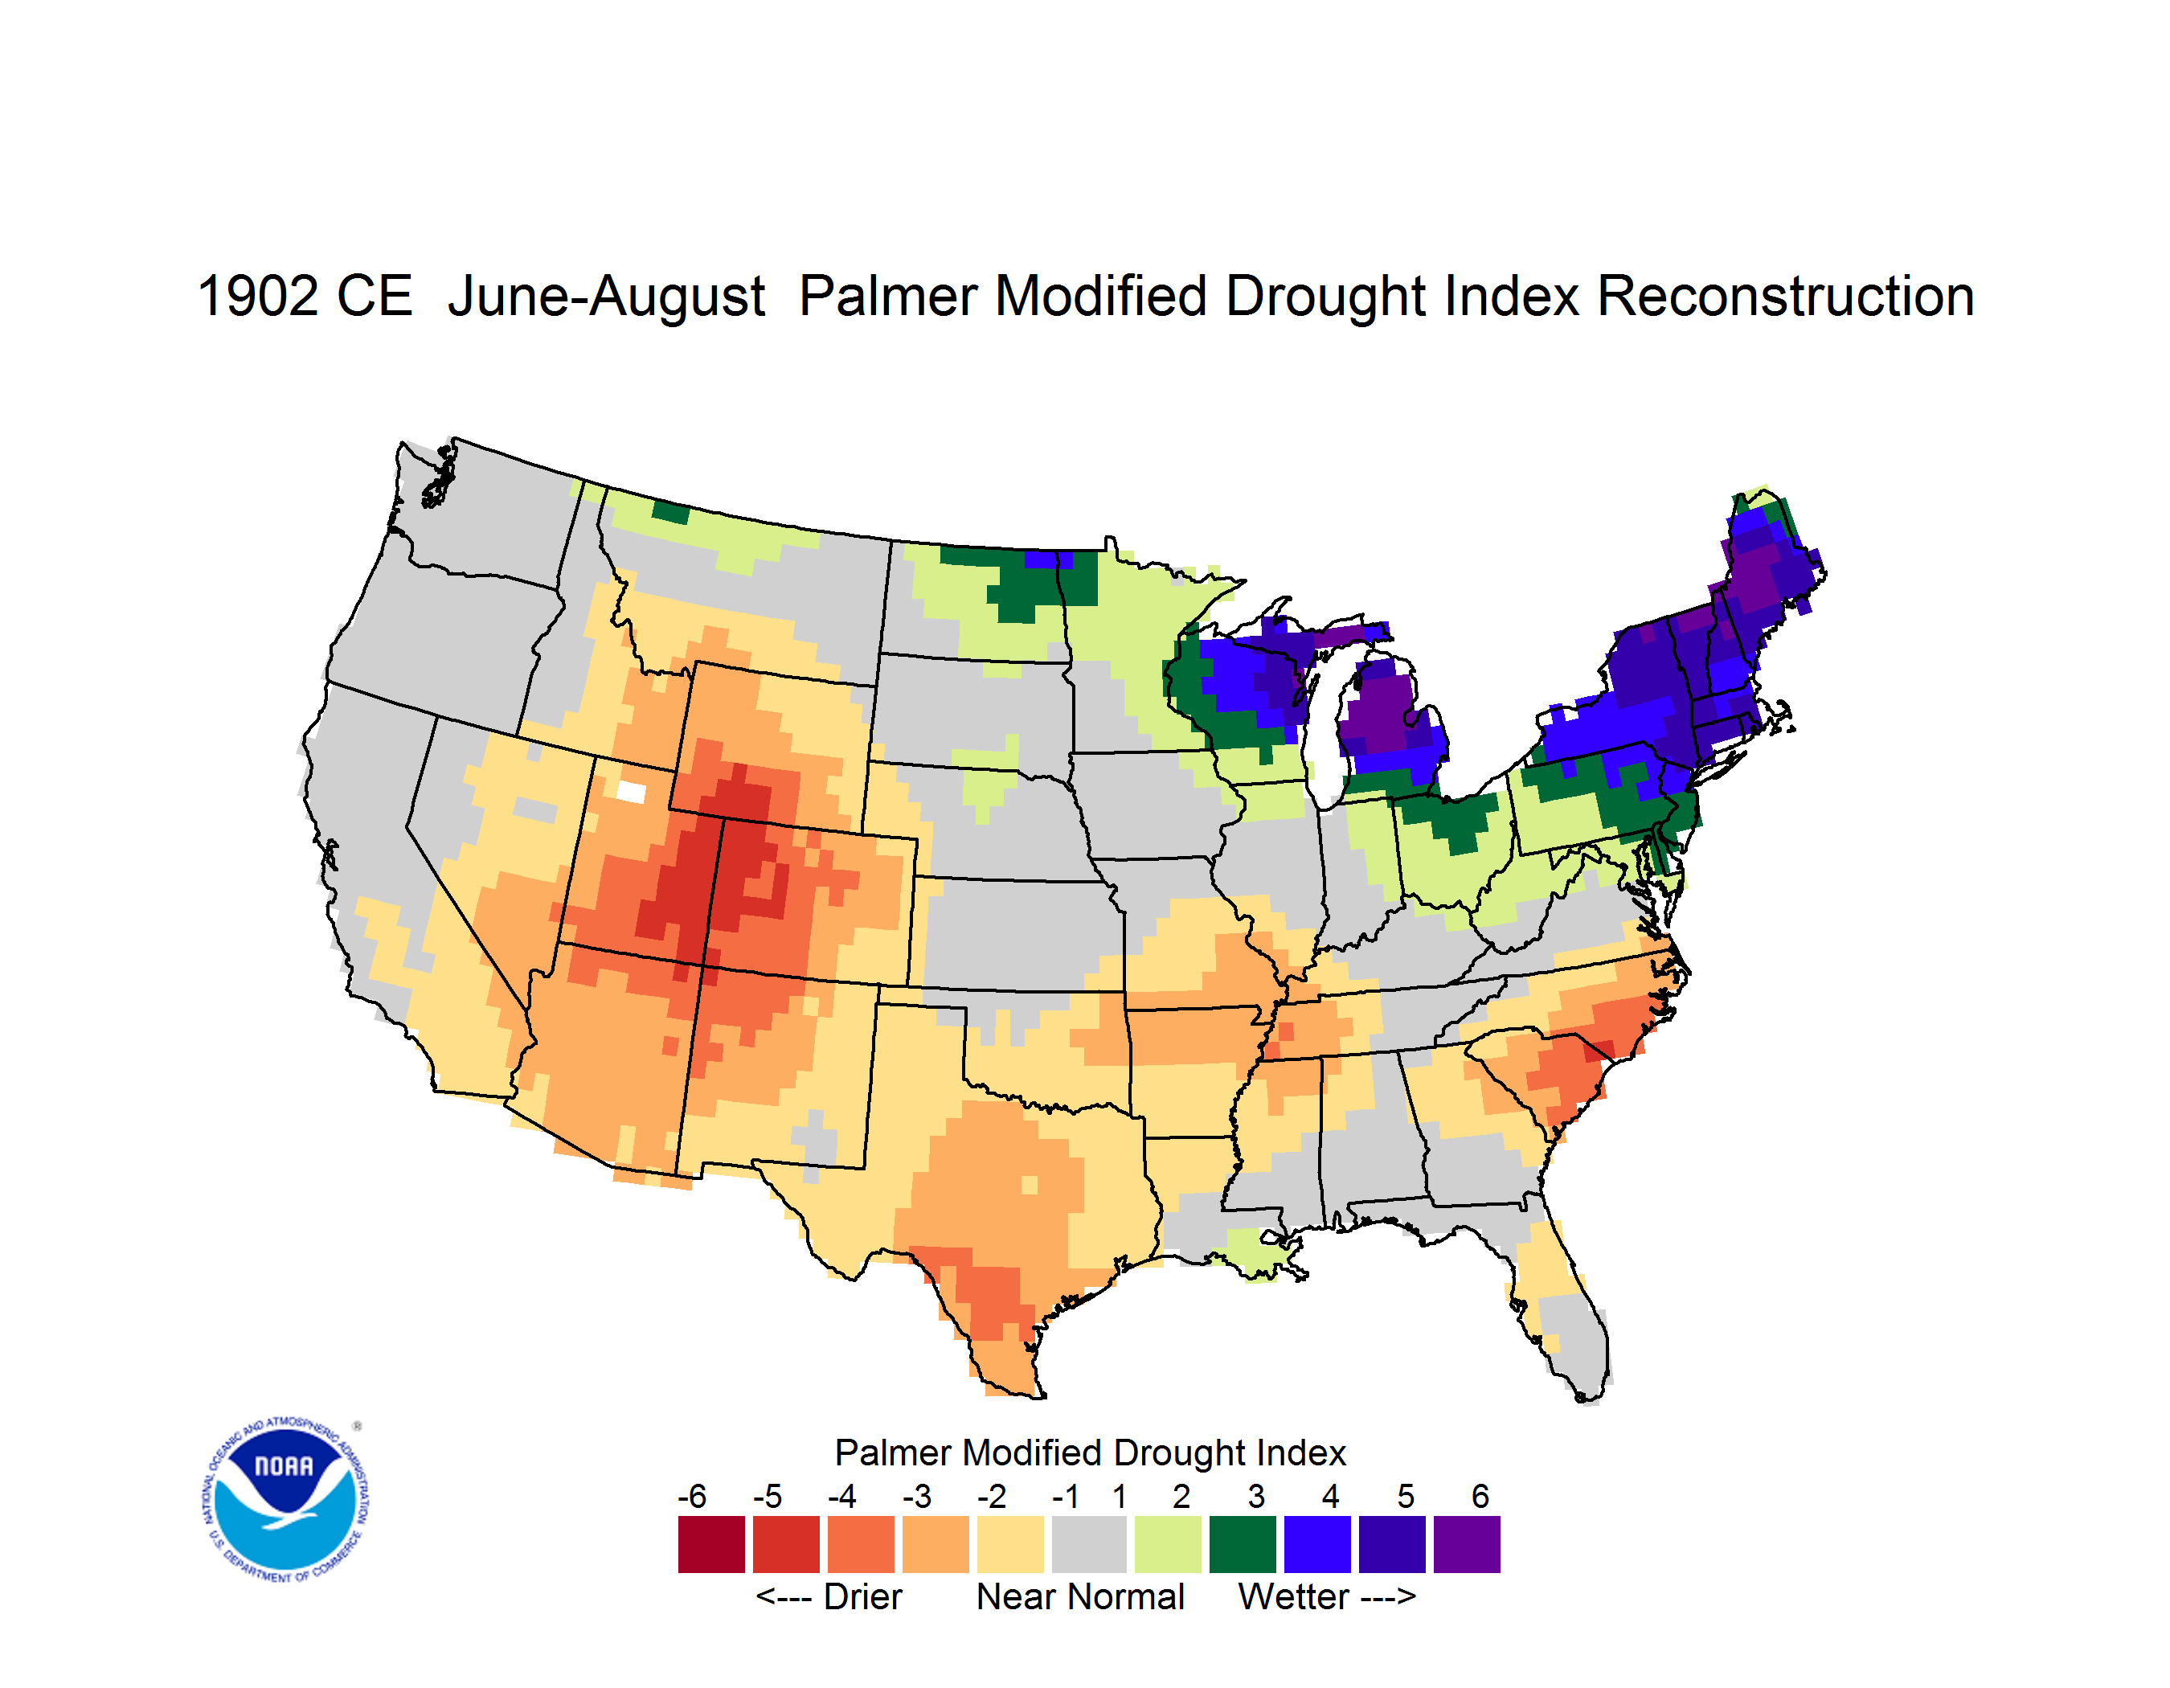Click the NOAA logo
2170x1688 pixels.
click(285, 1499)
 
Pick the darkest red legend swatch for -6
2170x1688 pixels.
click(711, 1543)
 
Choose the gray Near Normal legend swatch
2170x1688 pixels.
click(1089, 1543)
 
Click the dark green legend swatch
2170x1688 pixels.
click(1242, 1543)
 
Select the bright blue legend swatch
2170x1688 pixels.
click(1316, 1543)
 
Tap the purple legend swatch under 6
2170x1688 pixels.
click(1467, 1543)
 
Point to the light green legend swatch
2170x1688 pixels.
click(1168, 1543)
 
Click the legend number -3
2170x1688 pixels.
click(917, 1495)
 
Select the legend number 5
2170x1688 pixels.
click(1405, 1495)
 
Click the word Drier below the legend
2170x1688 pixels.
click(862, 1596)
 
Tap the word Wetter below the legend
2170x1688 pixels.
click(1294, 1596)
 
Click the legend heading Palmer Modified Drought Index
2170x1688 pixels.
click(1090, 1452)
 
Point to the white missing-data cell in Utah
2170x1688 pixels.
click(631, 792)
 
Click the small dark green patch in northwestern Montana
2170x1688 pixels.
click(670, 513)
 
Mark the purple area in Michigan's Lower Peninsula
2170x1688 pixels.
click(1381, 711)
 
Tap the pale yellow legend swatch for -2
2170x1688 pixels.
click(1010, 1543)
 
